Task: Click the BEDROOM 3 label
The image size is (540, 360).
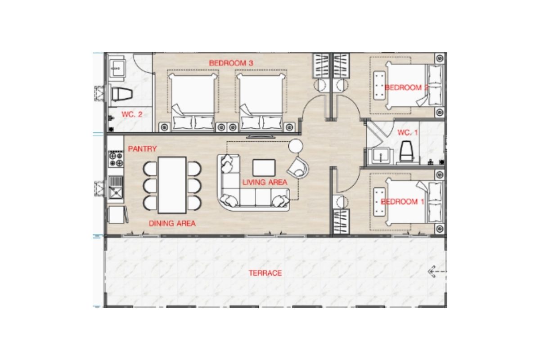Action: pyautogui.click(x=231, y=63)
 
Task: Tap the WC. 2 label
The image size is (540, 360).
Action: pyautogui.click(x=132, y=114)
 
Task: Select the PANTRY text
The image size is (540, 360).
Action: pyautogui.click(x=142, y=149)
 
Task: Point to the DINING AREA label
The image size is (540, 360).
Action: pyautogui.click(x=172, y=224)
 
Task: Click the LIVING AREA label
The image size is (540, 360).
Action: pyautogui.click(x=265, y=182)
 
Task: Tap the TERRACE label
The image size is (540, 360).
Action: pyautogui.click(x=265, y=273)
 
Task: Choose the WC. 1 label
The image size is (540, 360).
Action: pyautogui.click(x=408, y=132)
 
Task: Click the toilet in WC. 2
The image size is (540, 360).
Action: pyautogui.click(x=122, y=94)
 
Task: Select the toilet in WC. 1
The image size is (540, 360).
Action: pyautogui.click(x=406, y=151)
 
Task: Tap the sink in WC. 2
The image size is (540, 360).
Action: pyautogui.click(x=117, y=68)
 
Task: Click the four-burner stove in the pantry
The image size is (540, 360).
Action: pyautogui.click(x=116, y=159)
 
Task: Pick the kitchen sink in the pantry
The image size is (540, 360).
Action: pyautogui.click(x=116, y=187)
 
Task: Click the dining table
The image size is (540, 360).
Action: pyautogui.click(x=172, y=185)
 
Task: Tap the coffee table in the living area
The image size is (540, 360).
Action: pyautogui.click(x=264, y=167)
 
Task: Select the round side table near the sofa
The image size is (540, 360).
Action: pyautogui.click(x=296, y=146)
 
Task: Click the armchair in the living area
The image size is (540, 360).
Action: pyautogui.click(x=298, y=168)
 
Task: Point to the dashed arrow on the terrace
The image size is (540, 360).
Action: pyautogui.click(x=437, y=271)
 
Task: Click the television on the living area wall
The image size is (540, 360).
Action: pyautogui.click(x=261, y=137)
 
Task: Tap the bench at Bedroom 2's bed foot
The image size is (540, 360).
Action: pyautogui.click(x=379, y=85)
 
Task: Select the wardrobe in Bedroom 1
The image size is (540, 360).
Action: pyautogui.click(x=341, y=221)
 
